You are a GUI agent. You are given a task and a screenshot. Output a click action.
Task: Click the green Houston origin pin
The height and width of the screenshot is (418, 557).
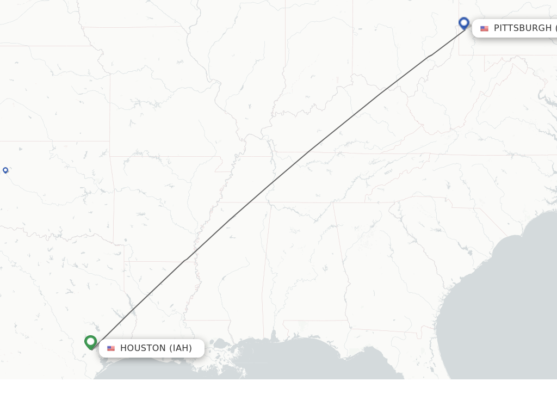point(91,342)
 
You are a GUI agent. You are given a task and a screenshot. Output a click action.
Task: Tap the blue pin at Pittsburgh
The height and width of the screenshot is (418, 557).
point(464,23)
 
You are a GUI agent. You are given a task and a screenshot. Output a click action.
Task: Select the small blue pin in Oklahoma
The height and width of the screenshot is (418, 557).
point(5,170)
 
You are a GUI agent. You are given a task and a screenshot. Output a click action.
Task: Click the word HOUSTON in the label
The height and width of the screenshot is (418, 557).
point(143,348)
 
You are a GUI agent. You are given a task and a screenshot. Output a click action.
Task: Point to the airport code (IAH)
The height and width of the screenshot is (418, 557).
point(181,348)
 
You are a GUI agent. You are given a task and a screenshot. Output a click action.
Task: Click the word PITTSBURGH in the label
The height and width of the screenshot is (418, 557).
point(523,28)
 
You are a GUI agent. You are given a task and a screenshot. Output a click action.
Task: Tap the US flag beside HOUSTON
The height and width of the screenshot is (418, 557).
point(111,348)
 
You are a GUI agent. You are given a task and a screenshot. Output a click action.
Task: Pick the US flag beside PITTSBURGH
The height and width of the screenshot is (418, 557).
point(484,28)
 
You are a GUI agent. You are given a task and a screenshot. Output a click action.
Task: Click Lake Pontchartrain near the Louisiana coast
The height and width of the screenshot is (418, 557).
point(220,344)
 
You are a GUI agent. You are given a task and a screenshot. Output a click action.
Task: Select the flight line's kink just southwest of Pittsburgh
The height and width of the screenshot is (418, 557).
point(430,56)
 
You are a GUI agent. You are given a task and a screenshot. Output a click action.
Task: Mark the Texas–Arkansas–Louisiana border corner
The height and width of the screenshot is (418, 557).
point(125,261)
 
